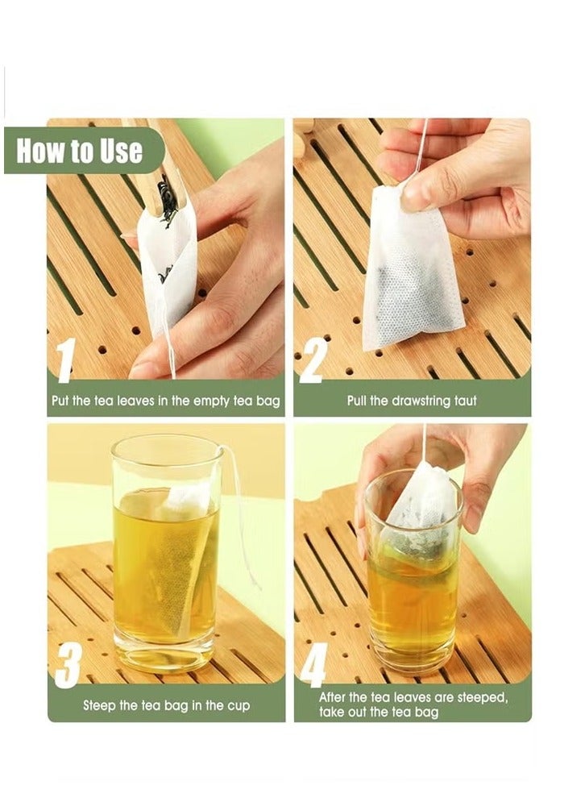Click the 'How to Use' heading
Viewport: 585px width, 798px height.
(79, 151)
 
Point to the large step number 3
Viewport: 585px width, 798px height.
(68, 661)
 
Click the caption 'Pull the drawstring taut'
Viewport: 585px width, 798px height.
(412, 400)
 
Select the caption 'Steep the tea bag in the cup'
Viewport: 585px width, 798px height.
(166, 705)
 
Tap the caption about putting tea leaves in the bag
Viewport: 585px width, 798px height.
(166, 401)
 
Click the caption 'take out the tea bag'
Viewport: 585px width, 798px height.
(379, 713)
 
